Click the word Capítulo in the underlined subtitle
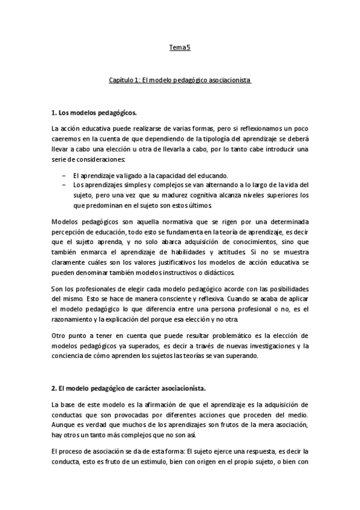click(121, 79)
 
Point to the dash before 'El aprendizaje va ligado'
click(64, 175)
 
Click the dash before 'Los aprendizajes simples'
click(64, 185)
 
